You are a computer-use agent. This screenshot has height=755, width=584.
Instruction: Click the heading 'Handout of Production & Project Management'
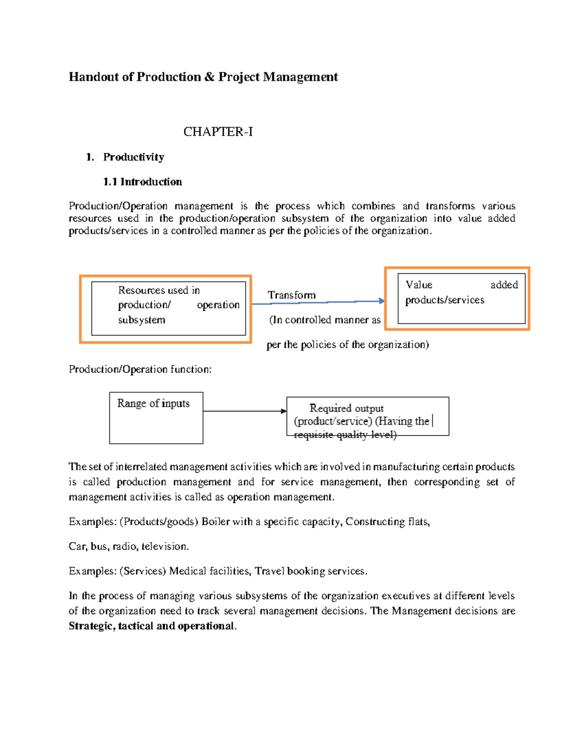[x=203, y=77]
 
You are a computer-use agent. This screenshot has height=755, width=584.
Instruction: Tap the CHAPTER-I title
[x=218, y=132]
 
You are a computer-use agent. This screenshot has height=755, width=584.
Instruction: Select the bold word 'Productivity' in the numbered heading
[x=133, y=157]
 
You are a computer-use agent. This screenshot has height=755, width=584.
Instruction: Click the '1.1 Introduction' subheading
[x=142, y=182]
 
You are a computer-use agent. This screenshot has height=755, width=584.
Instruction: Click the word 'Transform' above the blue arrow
[x=292, y=295]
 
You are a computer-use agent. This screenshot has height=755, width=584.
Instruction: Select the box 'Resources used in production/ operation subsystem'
[x=168, y=308]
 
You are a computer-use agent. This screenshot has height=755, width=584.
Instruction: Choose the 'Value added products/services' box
[x=461, y=298]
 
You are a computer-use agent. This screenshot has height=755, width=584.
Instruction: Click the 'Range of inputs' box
[x=156, y=418]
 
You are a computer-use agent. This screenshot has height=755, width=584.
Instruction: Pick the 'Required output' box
[x=367, y=416]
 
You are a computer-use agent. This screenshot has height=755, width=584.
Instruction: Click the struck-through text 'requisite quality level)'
[x=345, y=435]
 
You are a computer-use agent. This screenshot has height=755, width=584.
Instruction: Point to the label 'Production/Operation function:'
[x=140, y=369]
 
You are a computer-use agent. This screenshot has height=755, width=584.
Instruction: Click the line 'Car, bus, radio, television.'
[x=128, y=546]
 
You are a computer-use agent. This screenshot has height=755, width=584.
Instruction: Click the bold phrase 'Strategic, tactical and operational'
[x=151, y=626]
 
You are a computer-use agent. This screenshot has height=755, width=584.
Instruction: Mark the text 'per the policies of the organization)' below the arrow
[x=347, y=345]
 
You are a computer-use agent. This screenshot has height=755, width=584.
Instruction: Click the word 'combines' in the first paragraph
[x=373, y=206]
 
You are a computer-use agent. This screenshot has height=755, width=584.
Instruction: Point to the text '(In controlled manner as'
[x=325, y=320]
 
